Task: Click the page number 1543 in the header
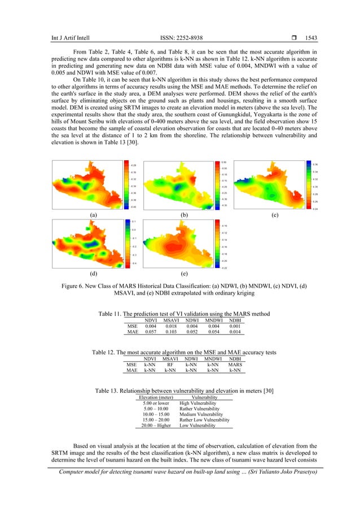(x=310, y=38)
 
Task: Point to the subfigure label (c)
(x=274, y=215)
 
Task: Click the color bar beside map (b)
(x=216, y=185)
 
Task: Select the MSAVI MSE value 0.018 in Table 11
(x=170, y=326)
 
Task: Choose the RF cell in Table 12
(x=170, y=365)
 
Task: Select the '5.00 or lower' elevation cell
(x=156, y=403)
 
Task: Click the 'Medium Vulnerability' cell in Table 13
(x=201, y=414)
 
